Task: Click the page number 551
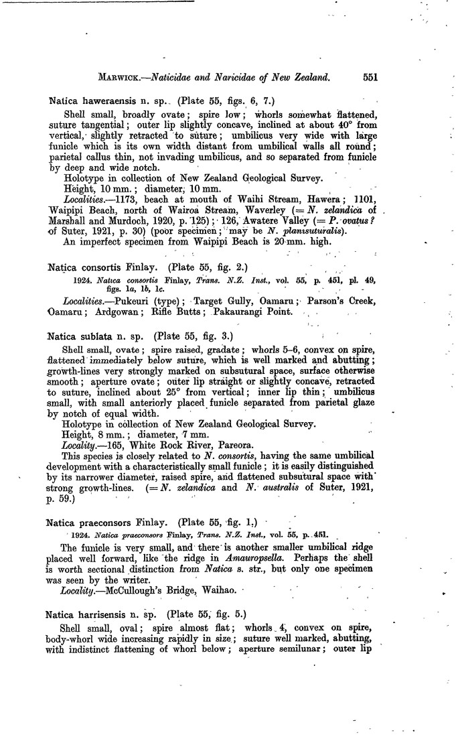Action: (x=370, y=77)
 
